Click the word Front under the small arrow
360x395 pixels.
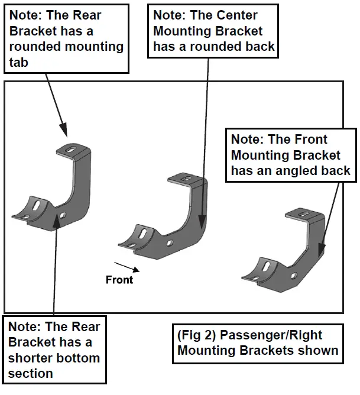[119, 280]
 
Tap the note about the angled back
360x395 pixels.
[290, 155]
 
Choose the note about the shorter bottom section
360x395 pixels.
[54, 349]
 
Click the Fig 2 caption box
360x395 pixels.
[257, 343]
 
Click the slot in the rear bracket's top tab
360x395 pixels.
[72, 150]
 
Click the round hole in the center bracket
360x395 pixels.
[170, 242]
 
